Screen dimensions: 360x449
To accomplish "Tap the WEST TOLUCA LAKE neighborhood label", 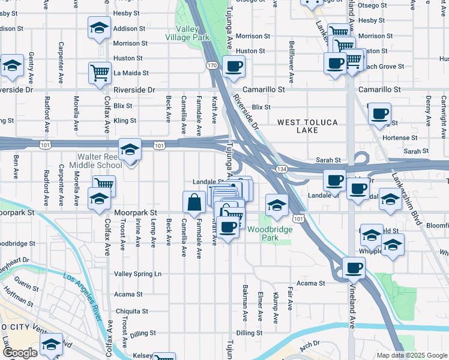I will [307, 127].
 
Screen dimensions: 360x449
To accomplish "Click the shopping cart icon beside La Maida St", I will [100, 73].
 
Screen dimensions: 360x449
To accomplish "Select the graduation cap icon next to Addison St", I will [100, 28].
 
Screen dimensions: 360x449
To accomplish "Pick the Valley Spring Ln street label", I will [137, 274].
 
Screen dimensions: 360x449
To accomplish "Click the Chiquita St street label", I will [131, 311].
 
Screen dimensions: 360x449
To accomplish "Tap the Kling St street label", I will [124, 121].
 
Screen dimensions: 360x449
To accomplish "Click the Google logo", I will [20, 352].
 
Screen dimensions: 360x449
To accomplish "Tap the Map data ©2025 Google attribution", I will [411, 355].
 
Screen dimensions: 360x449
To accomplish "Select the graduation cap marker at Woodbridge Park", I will [276, 205].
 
